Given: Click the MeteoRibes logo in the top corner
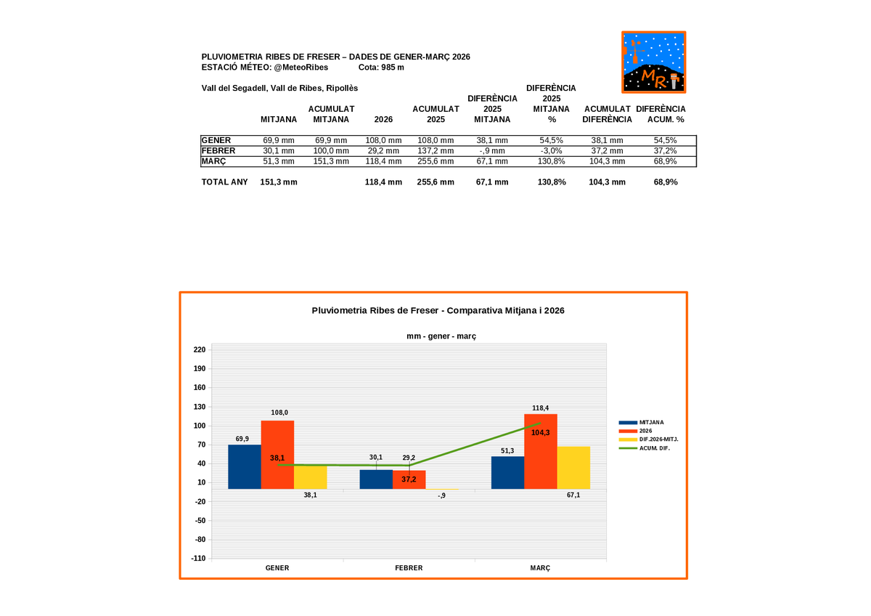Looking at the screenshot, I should [x=653, y=62].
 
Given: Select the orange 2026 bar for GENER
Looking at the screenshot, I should [x=278, y=454].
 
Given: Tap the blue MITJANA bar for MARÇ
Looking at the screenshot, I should [x=507, y=472].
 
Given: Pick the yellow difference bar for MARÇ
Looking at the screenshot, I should [x=573, y=467].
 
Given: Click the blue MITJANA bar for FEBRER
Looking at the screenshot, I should [x=376, y=479].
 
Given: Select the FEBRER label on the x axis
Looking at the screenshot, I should [x=409, y=568].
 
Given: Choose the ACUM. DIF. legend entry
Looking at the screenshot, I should [x=654, y=448].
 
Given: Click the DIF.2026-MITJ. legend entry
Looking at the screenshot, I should [x=658, y=439].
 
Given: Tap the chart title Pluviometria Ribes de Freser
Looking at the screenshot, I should [x=438, y=310].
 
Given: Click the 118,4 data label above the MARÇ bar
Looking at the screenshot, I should [x=540, y=408].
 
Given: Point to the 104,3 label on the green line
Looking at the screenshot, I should [x=540, y=432].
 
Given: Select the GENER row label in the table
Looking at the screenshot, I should [x=216, y=140].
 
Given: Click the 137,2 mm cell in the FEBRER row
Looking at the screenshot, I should [x=435, y=150].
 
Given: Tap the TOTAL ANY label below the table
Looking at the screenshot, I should [x=224, y=182].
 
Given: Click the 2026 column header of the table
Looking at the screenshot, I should [x=383, y=119].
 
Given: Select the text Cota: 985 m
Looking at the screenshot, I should [x=381, y=68].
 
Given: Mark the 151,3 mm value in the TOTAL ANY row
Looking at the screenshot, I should [x=278, y=182].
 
